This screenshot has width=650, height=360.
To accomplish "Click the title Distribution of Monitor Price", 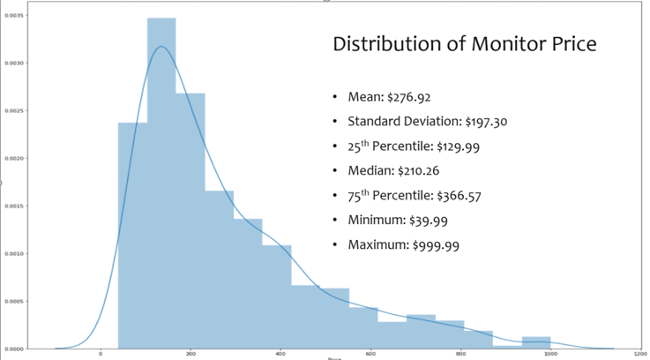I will (x=466, y=44).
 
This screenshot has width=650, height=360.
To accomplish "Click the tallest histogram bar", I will (x=161, y=176).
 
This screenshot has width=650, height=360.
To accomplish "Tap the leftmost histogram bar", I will (x=132, y=229).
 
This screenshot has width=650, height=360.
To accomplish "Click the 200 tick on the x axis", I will (x=191, y=355).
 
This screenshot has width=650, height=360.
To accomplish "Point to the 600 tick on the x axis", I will (x=370, y=355).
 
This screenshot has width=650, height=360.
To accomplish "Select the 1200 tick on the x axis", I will (x=639, y=355).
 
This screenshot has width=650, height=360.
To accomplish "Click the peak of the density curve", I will (x=161, y=47).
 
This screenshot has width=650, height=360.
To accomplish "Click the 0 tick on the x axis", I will (x=101, y=355).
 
